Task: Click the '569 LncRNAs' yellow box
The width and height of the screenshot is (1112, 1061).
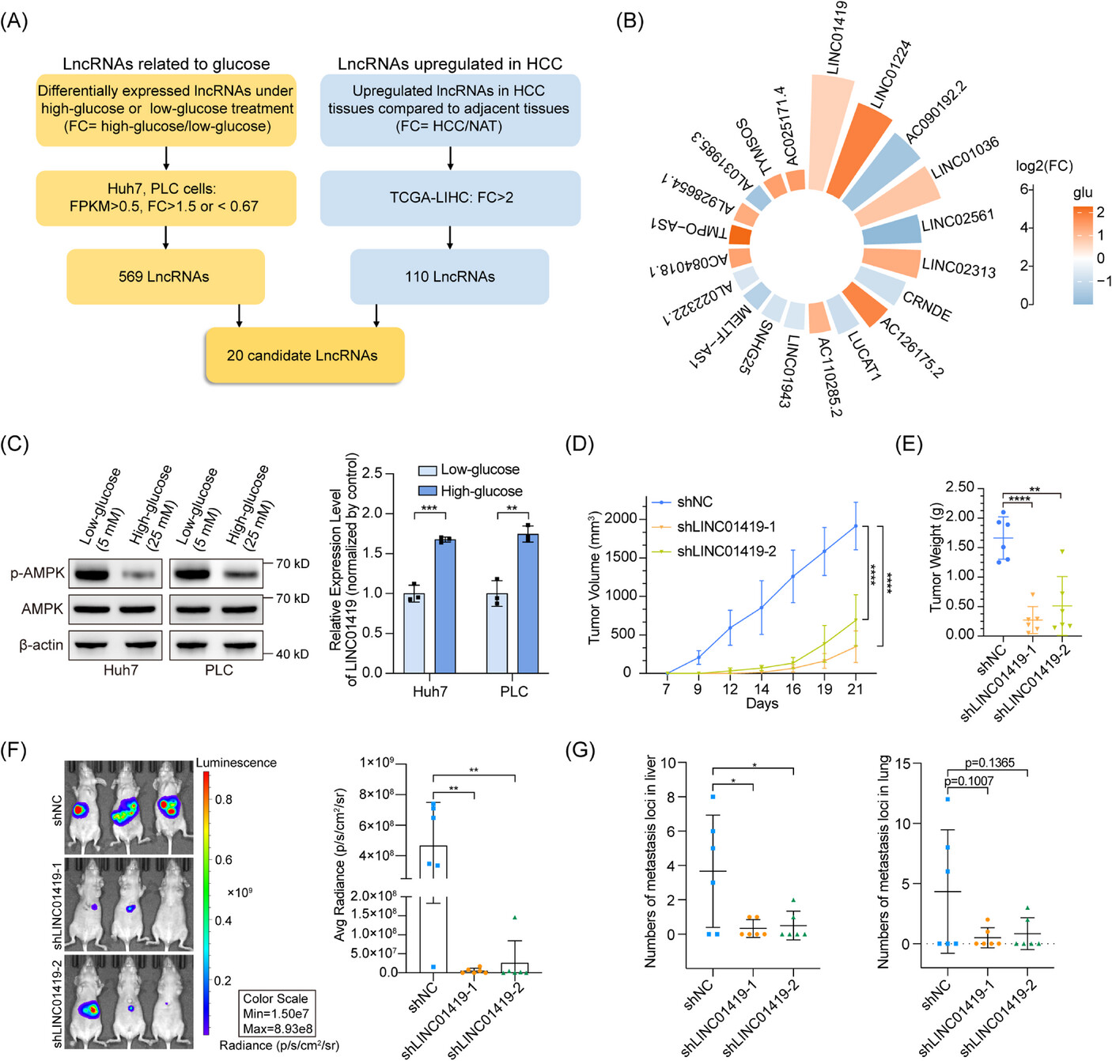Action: coord(165,277)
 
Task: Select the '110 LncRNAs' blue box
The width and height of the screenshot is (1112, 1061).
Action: coord(449,277)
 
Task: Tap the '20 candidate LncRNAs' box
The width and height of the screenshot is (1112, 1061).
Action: coord(304,355)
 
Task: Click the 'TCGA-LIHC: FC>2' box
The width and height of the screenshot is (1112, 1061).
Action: coord(450,197)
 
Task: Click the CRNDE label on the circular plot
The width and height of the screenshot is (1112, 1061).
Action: coord(927,306)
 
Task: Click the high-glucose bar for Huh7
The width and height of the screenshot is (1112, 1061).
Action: coord(445,605)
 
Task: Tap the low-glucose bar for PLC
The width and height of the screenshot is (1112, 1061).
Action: coord(497,633)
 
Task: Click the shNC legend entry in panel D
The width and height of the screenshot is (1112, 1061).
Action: coord(684,502)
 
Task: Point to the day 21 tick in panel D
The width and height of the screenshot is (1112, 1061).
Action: coord(855,689)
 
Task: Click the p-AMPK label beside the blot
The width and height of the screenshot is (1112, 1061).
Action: coord(37,573)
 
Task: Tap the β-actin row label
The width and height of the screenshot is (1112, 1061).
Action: coord(41,645)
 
